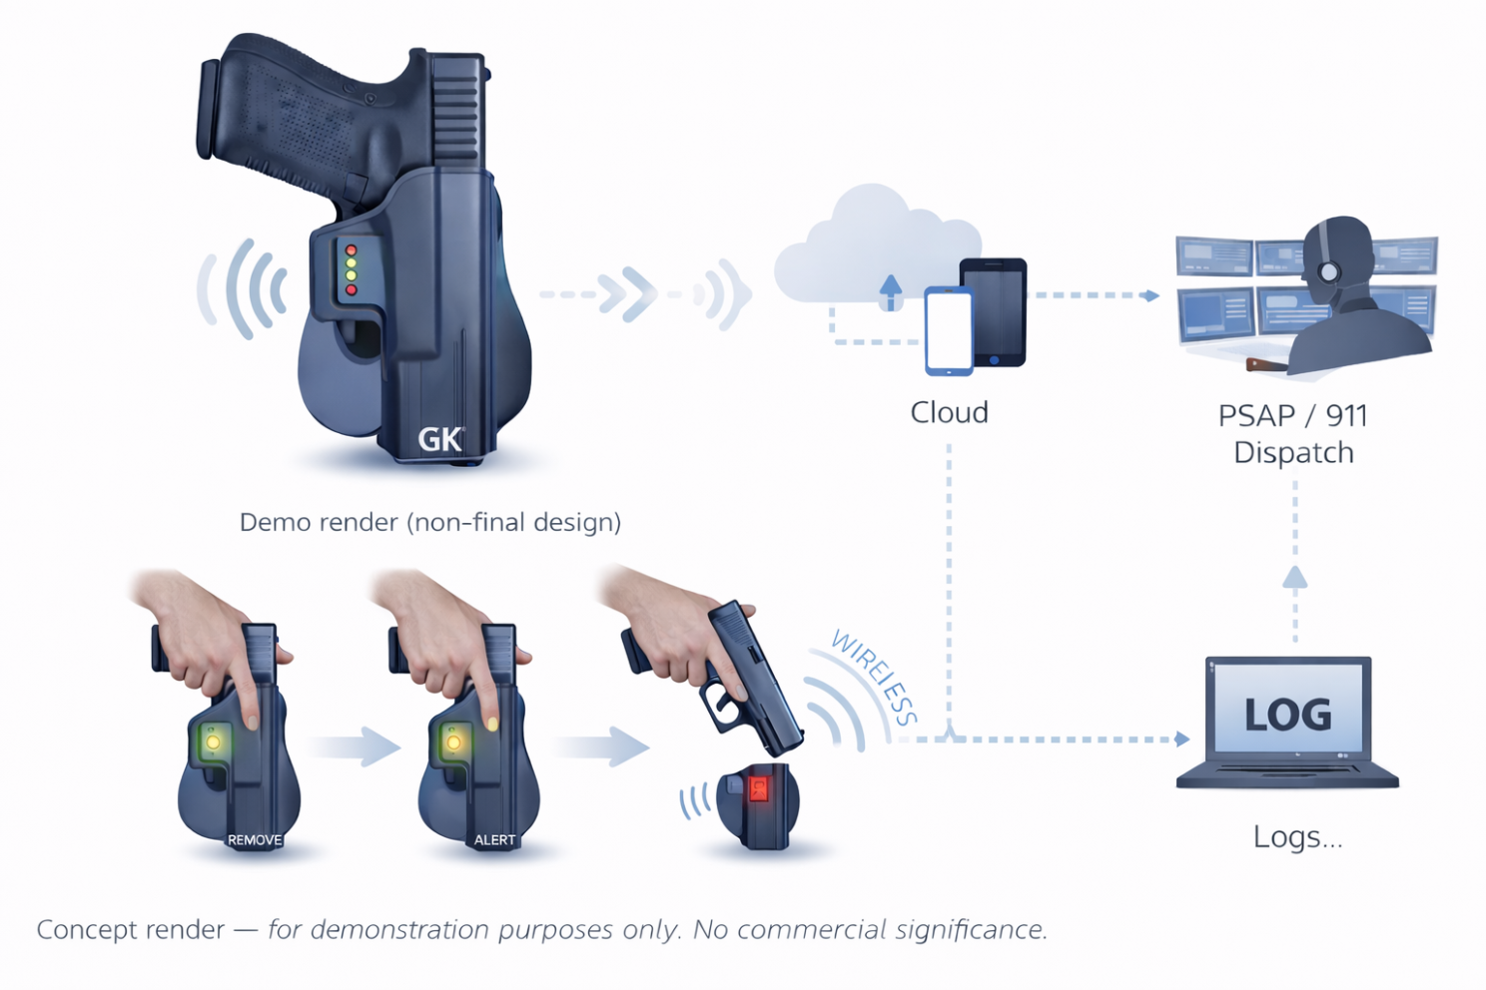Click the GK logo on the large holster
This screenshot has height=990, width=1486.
(x=441, y=439)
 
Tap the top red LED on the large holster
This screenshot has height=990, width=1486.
(x=351, y=250)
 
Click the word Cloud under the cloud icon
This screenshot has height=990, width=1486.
(x=950, y=412)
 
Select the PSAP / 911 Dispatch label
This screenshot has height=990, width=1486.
(x=1293, y=434)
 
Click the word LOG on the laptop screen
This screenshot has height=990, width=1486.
(x=1288, y=715)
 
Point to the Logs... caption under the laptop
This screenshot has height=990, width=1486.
(x=1297, y=837)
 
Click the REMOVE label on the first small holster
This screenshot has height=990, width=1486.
(x=255, y=840)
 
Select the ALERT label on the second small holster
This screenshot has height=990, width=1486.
(x=495, y=840)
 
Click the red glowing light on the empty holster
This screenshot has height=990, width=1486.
(x=758, y=789)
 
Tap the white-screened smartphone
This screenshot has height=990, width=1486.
(x=950, y=331)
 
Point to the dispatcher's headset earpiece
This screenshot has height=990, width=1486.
(x=1329, y=271)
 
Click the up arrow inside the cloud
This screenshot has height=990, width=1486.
(x=890, y=292)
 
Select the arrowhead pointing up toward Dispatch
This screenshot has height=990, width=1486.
(x=1295, y=577)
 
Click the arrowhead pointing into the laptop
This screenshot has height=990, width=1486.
(x=1182, y=739)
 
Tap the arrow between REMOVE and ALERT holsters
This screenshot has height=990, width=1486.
(x=355, y=746)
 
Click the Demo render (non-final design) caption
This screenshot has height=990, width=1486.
(x=430, y=523)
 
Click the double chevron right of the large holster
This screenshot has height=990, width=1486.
(x=627, y=293)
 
